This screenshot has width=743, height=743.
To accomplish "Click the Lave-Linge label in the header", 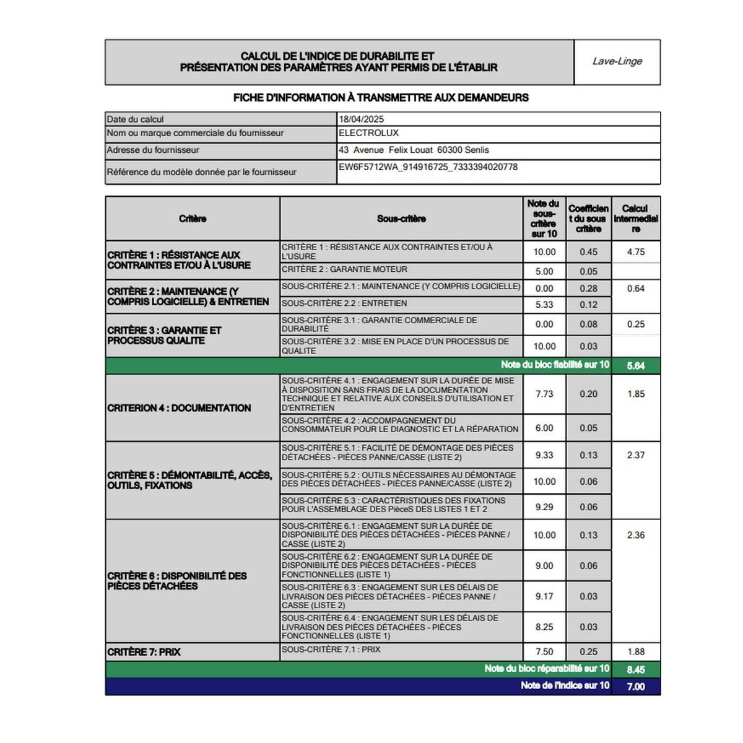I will pyautogui.click(x=617, y=61).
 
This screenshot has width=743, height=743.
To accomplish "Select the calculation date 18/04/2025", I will pyautogui.click(x=362, y=119).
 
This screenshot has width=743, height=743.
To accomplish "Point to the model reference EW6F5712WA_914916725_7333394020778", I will pyautogui.click(x=428, y=167).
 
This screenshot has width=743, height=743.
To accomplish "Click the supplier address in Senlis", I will pyautogui.click(x=414, y=150).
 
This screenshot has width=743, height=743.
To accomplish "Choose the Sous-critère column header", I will pyautogui.click(x=401, y=219).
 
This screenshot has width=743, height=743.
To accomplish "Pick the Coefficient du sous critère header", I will pyautogui.click(x=588, y=219).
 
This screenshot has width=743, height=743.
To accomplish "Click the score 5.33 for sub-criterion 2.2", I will pyautogui.click(x=544, y=305).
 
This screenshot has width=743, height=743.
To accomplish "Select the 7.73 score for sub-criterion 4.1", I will pyautogui.click(x=544, y=394).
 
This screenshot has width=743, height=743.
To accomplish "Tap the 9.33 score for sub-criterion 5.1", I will pyautogui.click(x=544, y=455).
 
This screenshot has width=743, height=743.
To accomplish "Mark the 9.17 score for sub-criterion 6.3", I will pyautogui.click(x=544, y=596).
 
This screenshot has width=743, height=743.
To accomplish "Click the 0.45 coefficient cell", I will pyautogui.click(x=588, y=252).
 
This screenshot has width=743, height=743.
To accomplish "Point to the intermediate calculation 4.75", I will pyautogui.click(x=636, y=252).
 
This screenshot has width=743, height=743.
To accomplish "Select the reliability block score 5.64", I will pyautogui.click(x=636, y=366).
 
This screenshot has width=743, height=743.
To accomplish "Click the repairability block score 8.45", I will pyautogui.click(x=636, y=670).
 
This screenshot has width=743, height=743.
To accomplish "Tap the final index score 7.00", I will pyautogui.click(x=636, y=687).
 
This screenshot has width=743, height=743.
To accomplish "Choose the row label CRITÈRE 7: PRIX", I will pyautogui.click(x=144, y=652).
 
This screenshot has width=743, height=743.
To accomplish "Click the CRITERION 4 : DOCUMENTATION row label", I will pyautogui.click(x=179, y=408).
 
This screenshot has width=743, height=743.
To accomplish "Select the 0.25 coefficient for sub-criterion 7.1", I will pyautogui.click(x=588, y=652).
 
